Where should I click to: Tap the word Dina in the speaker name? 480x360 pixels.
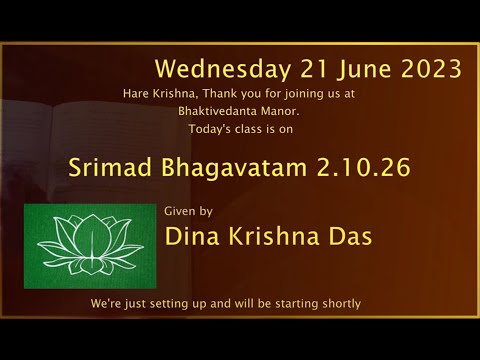[x=192, y=238]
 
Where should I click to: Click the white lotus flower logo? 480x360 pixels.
[x=90, y=246]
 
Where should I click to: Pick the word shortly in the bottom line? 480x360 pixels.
[x=339, y=303]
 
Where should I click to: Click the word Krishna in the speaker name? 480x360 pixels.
[x=276, y=238]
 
